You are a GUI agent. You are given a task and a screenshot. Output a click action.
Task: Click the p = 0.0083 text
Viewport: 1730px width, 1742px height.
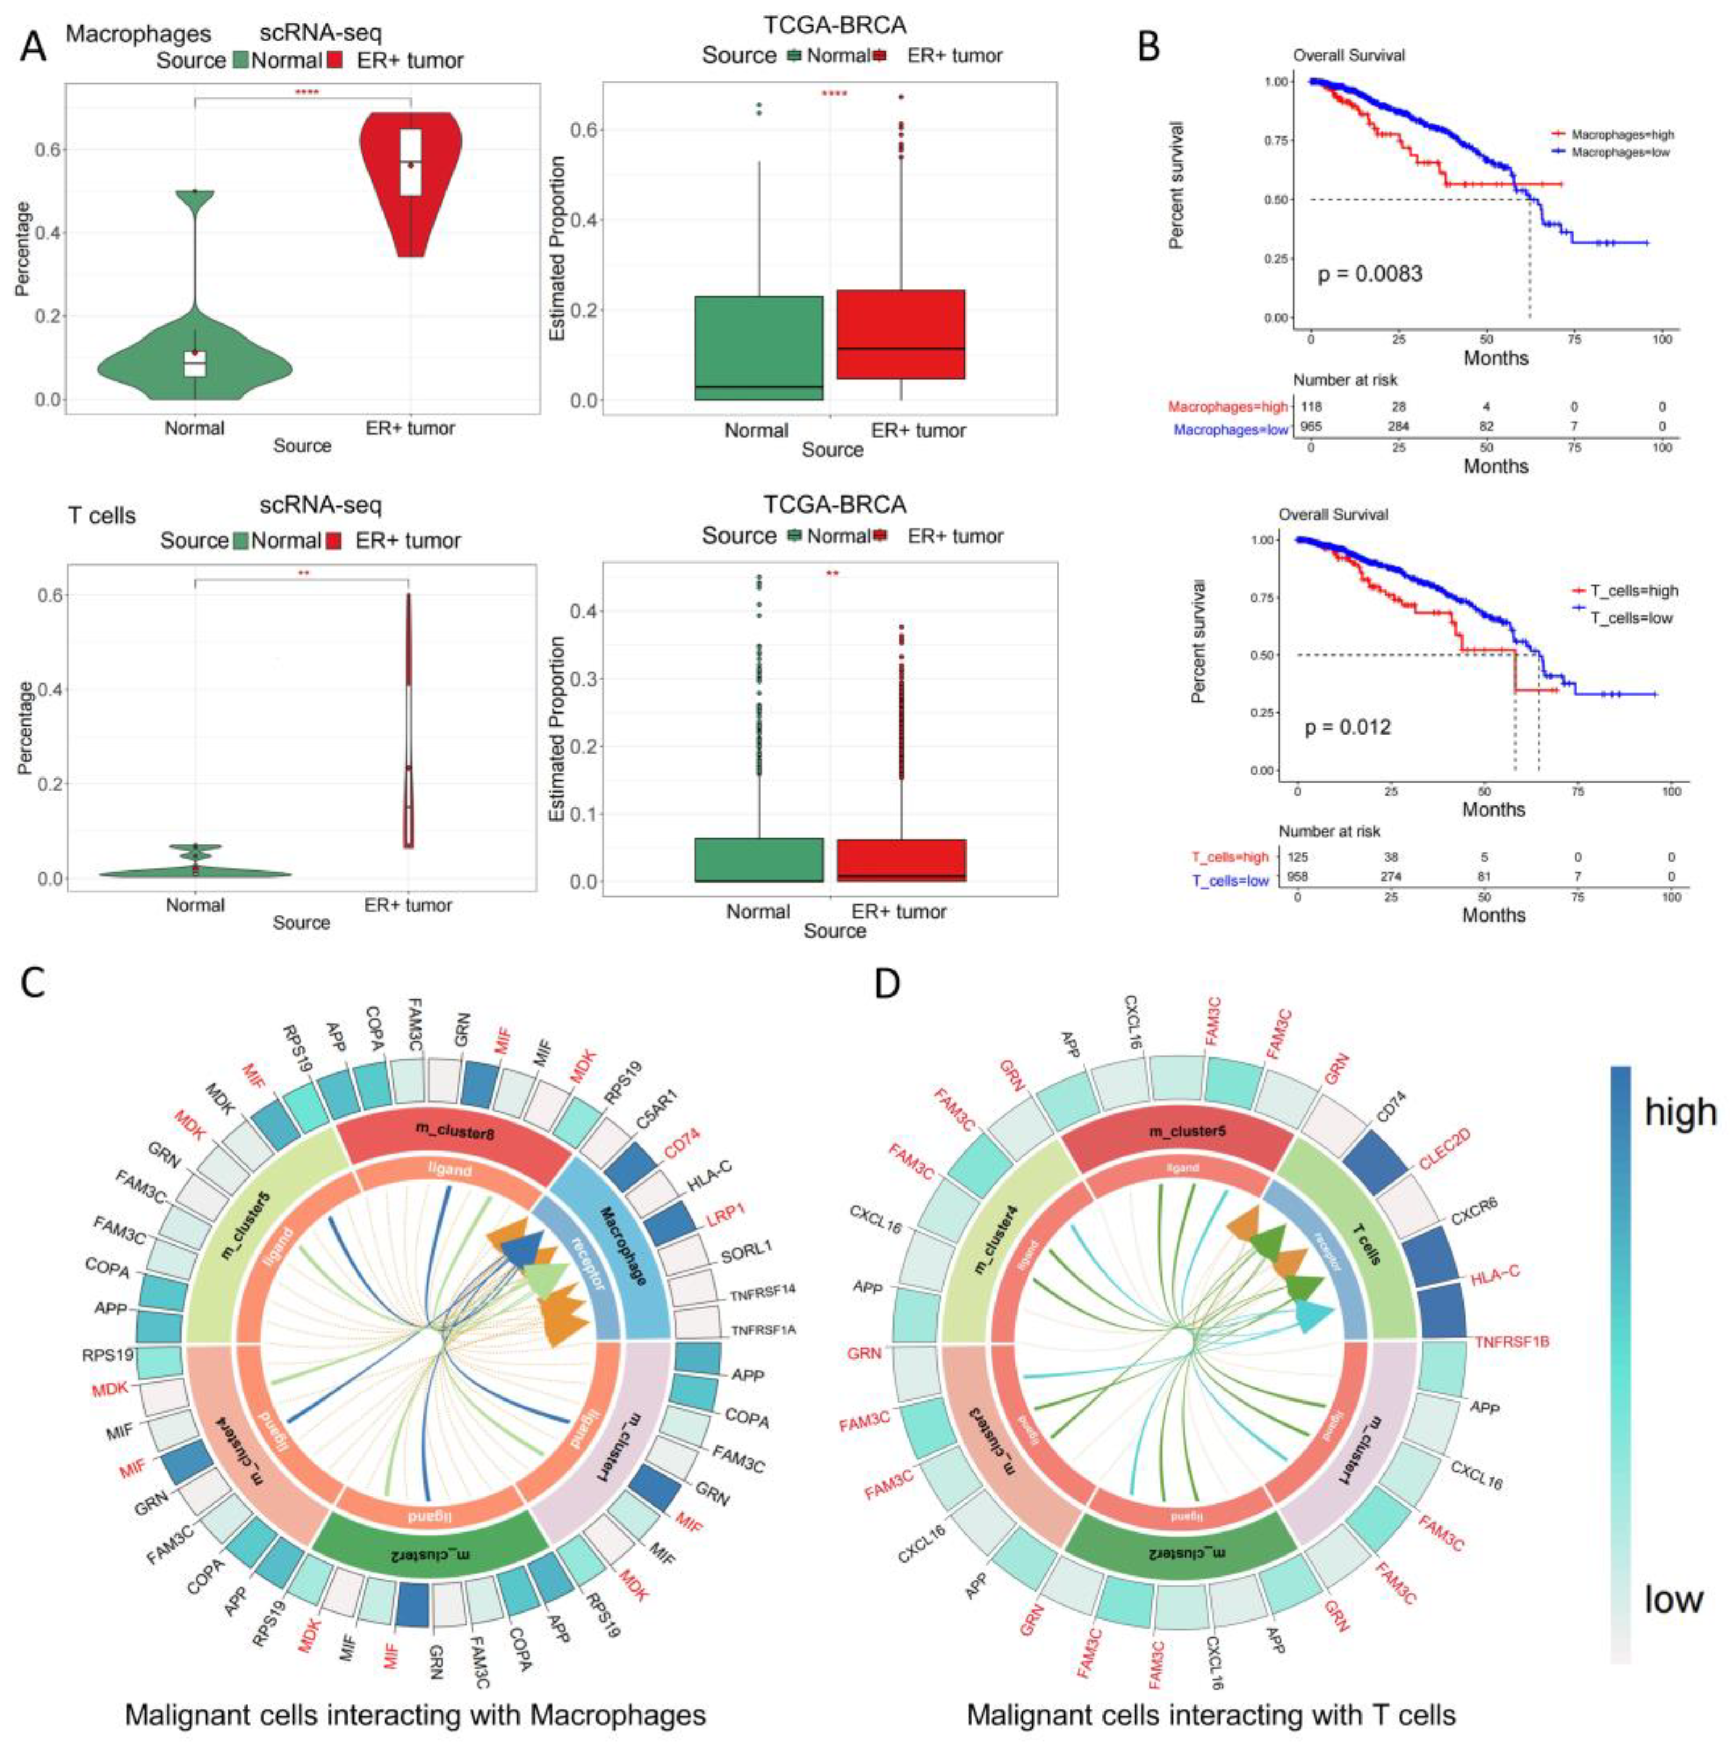1369,273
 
